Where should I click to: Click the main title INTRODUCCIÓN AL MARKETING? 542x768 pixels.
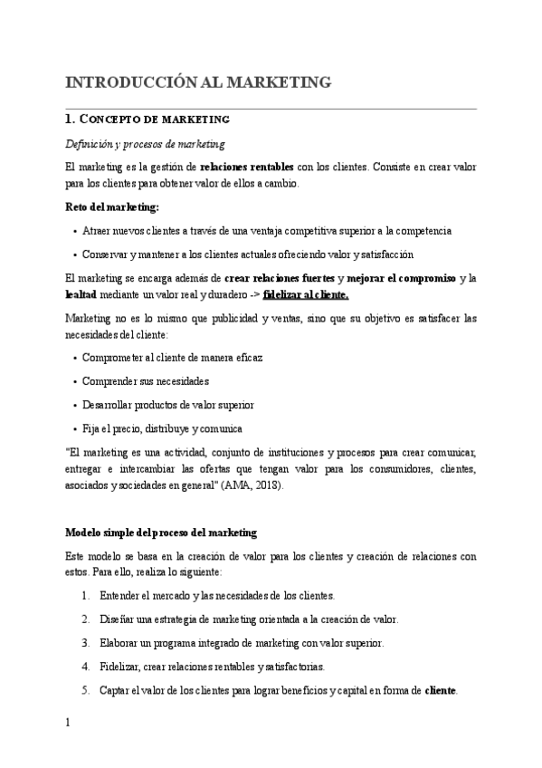click(198, 83)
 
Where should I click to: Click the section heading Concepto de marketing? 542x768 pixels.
click(149, 120)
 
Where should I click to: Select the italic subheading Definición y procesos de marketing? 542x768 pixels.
click(145, 144)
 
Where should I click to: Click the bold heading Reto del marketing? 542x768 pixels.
click(112, 207)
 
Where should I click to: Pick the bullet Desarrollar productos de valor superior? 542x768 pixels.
click(168, 405)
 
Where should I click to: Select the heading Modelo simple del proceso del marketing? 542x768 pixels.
click(161, 532)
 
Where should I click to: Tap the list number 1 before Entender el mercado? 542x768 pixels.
click(84, 595)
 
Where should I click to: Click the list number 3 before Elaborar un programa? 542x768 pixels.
click(84, 643)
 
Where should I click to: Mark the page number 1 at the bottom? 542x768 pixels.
click(68, 724)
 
